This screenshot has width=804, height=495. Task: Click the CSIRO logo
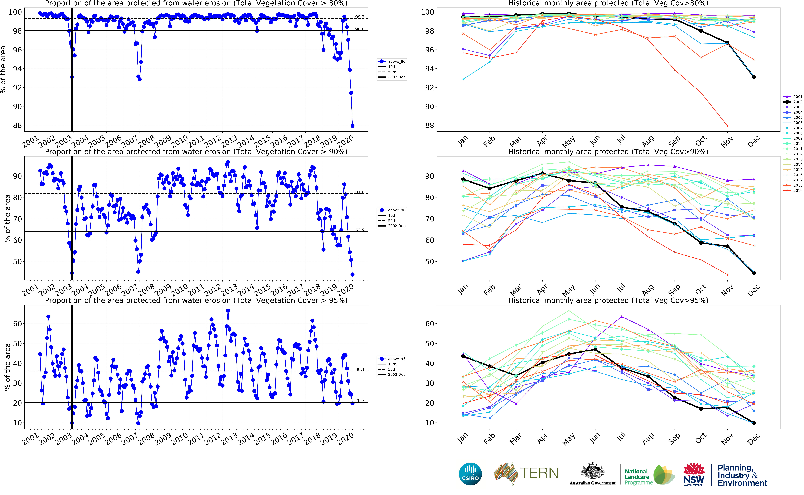[x=470, y=474]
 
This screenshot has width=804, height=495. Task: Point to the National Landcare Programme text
[x=637, y=477]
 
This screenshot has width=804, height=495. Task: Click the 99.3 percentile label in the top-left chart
[x=360, y=17]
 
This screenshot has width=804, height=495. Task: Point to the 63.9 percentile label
[x=360, y=230]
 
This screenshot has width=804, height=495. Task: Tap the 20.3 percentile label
[x=360, y=401]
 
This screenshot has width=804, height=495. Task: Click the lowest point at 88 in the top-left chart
[x=352, y=126]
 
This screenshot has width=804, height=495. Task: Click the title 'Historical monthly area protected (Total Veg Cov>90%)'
[x=608, y=152]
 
